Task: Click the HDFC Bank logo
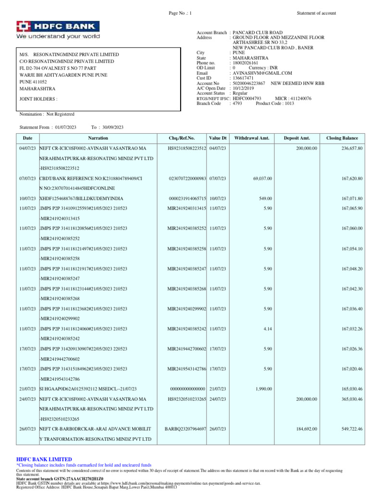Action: point(58,30)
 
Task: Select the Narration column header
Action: point(98,138)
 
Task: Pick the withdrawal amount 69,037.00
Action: point(262,178)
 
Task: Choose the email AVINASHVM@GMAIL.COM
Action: point(262,73)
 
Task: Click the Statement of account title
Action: point(316,13)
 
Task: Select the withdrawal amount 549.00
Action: point(265,198)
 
